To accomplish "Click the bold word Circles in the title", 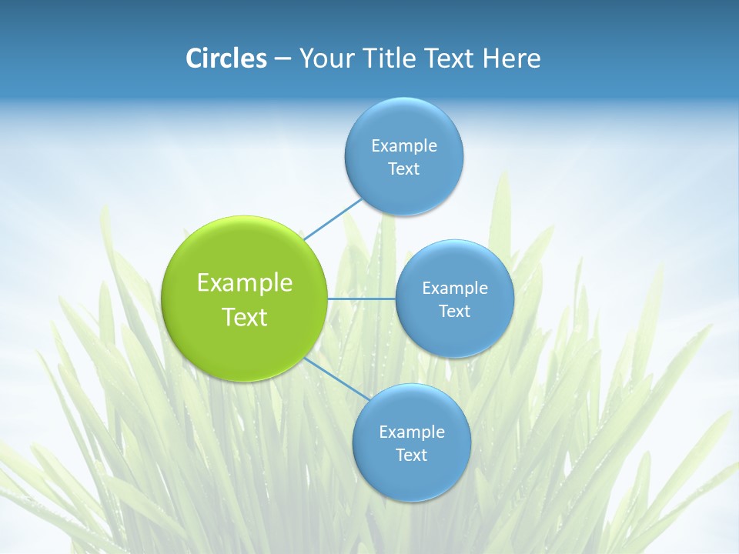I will point(226,58).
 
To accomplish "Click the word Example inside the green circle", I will point(245,283).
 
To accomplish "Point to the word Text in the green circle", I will point(245,317).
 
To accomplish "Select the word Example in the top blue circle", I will point(404,146).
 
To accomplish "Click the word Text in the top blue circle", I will point(403,169).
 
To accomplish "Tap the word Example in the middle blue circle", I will point(454,289).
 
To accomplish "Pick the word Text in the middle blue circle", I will point(454,312).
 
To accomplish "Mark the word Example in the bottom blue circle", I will point(412,432).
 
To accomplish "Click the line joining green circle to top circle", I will point(333,219).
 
